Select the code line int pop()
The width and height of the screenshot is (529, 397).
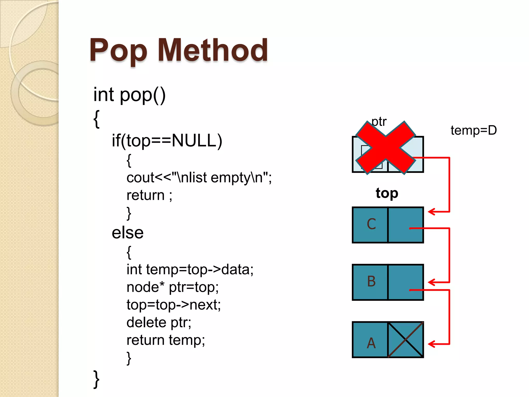[x=129, y=95]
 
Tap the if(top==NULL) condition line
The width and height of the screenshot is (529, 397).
[x=167, y=141]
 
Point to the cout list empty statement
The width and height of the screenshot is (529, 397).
[x=199, y=178]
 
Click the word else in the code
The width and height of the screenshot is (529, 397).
[x=128, y=233]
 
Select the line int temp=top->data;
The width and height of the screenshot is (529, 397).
[x=190, y=270]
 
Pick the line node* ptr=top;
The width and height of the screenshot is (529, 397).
[x=173, y=287]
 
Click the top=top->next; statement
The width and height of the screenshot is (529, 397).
[x=174, y=305]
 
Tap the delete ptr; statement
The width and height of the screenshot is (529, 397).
[x=159, y=323]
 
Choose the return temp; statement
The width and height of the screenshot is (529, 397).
[x=166, y=340]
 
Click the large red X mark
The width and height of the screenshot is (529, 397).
[x=386, y=148]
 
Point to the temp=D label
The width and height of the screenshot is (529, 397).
[x=473, y=130]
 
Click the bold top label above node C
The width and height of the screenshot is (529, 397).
[x=387, y=193]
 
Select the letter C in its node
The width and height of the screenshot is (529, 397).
[x=371, y=224]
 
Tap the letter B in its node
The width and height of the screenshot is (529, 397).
[x=371, y=281]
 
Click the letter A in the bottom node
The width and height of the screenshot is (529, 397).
[x=371, y=343]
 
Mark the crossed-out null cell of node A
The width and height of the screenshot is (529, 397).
[x=406, y=340]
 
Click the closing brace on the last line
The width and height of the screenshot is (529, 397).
[x=96, y=379]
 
